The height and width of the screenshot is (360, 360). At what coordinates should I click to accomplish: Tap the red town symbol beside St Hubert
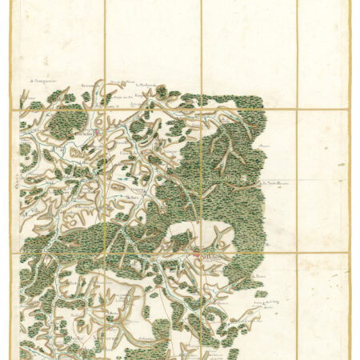point(196,255)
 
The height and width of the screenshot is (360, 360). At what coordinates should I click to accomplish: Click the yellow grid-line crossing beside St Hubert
point(201,254)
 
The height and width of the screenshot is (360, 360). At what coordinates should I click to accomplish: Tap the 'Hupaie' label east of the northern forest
point(263,146)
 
